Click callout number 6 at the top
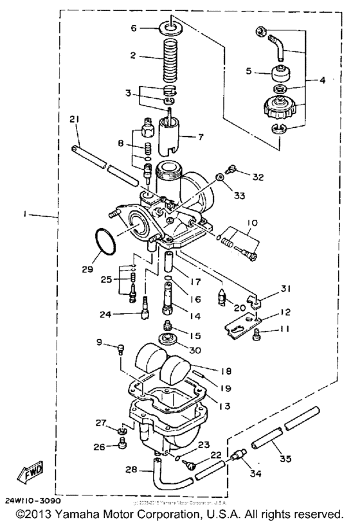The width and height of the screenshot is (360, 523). (x=134, y=28)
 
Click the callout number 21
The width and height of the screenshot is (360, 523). (x=75, y=120)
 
